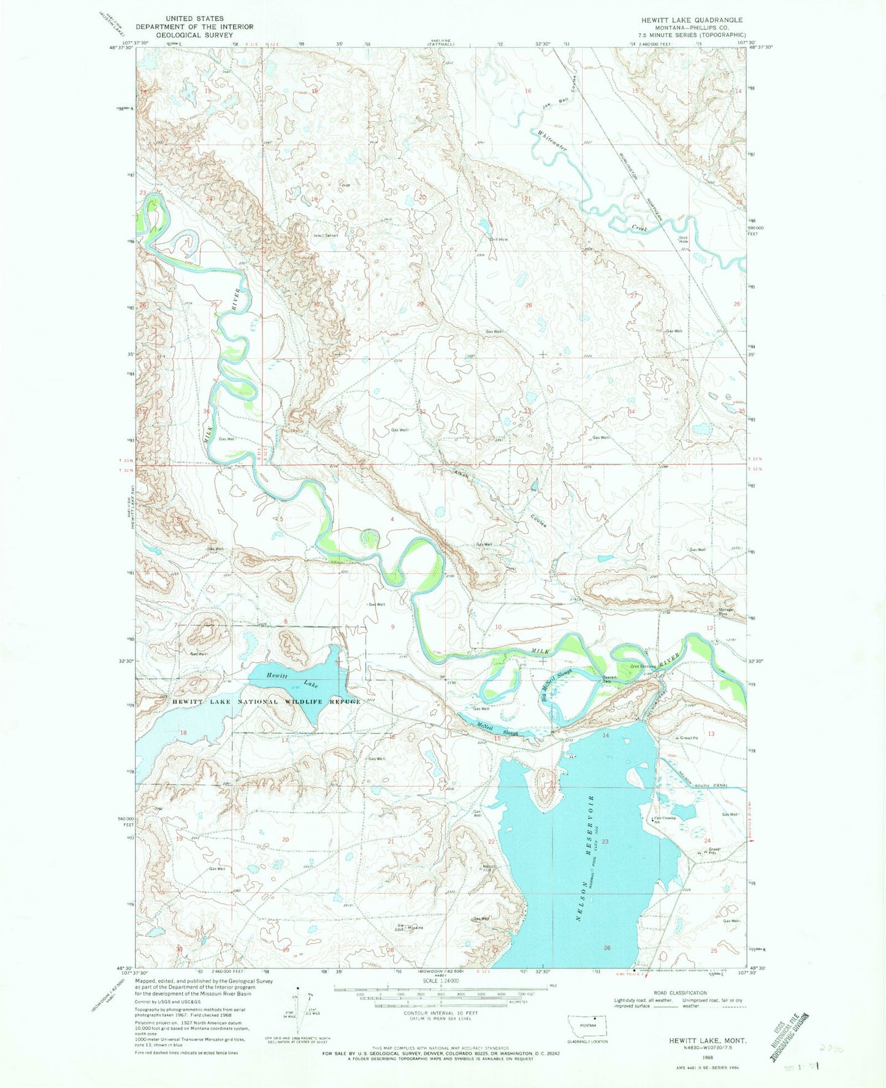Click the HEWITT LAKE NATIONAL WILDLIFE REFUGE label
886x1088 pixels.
tap(265, 702)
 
